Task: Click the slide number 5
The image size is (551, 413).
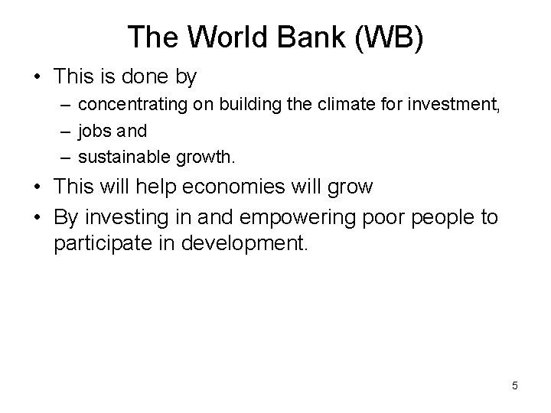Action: coord(515,385)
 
